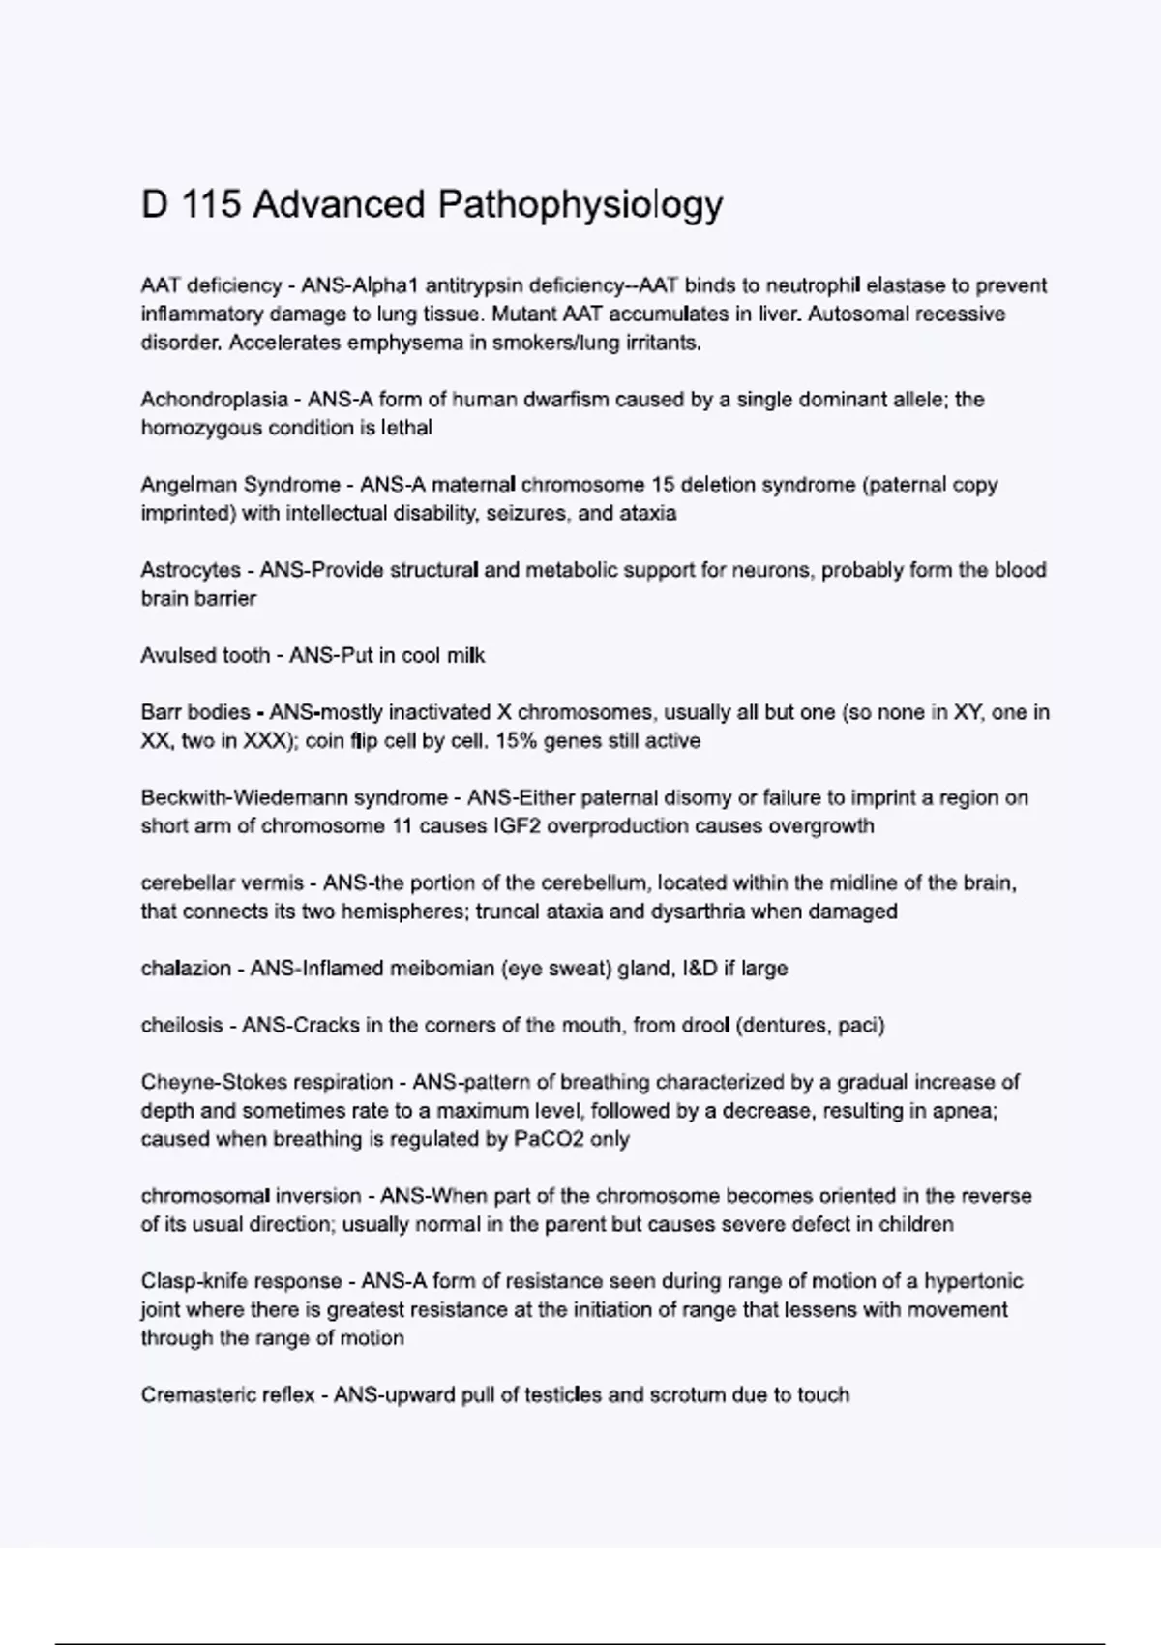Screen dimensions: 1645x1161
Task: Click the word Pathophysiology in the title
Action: click(580, 205)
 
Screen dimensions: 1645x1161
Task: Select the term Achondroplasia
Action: click(214, 400)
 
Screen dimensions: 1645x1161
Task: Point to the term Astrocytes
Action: click(191, 570)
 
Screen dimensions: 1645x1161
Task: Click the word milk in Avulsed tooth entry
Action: click(465, 656)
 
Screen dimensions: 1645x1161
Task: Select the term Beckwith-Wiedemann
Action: click(243, 798)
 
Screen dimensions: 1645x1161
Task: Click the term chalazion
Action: click(186, 969)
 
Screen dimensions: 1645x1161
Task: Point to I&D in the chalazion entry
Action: click(709, 969)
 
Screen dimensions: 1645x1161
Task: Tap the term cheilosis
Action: click(182, 1026)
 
